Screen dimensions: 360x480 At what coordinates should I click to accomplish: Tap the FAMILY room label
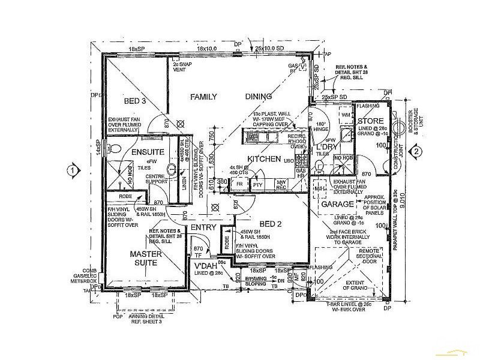click(x=203, y=97)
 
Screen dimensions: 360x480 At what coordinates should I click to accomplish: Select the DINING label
click(x=258, y=97)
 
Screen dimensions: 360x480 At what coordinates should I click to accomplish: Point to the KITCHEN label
click(x=264, y=159)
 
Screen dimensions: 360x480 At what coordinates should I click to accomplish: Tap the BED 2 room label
click(x=269, y=224)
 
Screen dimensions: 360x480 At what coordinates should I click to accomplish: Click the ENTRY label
click(x=203, y=228)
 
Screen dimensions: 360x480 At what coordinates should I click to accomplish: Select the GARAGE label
click(x=337, y=204)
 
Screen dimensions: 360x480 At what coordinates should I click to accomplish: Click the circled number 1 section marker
click(x=72, y=170)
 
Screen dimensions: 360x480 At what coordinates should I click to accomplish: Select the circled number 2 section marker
click(x=415, y=152)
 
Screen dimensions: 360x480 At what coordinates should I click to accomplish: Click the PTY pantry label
click(x=258, y=185)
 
